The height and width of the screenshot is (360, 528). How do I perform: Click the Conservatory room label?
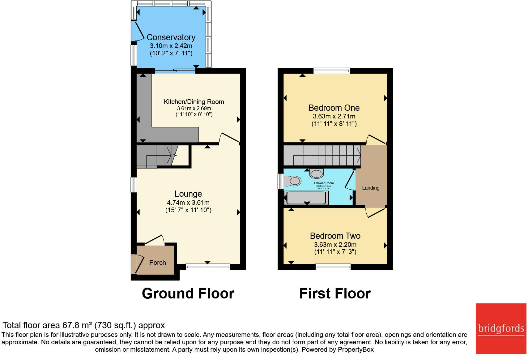(x=171, y=37)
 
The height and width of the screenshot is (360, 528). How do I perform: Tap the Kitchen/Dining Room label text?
(x=194, y=102)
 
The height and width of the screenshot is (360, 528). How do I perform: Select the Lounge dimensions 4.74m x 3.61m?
(x=188, y=203)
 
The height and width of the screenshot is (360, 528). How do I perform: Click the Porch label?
(x=158, y=263)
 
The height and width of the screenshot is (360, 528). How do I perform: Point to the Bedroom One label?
(x=334, y=108)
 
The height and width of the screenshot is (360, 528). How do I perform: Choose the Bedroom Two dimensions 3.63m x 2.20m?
(x=335, y=245)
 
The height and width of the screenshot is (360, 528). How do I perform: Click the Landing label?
(x=371, y=188)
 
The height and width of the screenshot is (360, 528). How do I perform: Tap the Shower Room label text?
(x=324, y=183)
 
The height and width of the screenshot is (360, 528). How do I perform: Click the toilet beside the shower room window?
(x=293, y=181)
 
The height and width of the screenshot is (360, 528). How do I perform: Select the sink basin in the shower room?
(x=316, y=174)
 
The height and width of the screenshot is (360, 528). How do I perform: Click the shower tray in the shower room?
(x=306, y=198)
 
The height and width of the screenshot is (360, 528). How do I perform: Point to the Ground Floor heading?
(x=188, y=294)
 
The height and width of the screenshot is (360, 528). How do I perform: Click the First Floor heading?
(x=335, y=294)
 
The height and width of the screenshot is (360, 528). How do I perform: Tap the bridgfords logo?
(x=501, y=328)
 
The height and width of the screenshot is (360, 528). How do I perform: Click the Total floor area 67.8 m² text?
(x=83, y=325)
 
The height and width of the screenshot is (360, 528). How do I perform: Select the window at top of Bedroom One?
(x=332, y=71)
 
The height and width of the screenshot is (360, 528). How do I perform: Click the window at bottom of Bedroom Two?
(x=333, y=267)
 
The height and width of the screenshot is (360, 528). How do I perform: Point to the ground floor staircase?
(x=158, y=156)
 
